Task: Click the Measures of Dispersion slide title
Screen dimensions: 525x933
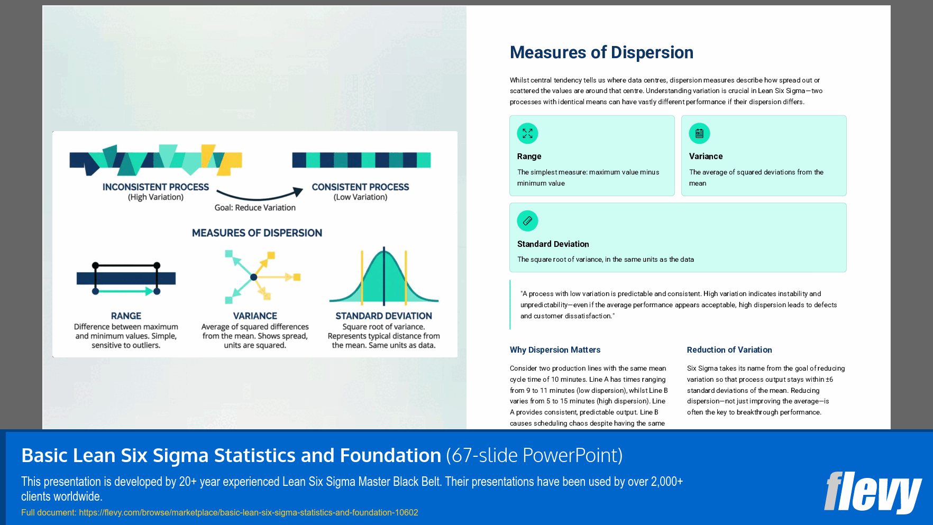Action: pyautogui.click(x=601, y=52)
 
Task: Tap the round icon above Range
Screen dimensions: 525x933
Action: pyautogui.click(x=527, y=133)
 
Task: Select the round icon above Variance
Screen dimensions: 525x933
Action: pyautogui.click(x=699, y=133)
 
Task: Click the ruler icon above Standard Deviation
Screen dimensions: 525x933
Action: pyautogui.click(x=527, y=221)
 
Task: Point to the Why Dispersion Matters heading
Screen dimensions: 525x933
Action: pyautogui.click(x=555, y=350)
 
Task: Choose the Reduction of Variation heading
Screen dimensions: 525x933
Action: pyautogui.click(x=729, y=350)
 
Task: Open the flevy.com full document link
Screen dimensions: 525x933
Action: pyautogui.click(x=249, y=512)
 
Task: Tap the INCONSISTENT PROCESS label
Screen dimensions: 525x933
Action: pyautogui.click(x=155, y=187)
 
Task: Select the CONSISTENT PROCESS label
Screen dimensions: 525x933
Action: pyautogui.click(x=360, y=187)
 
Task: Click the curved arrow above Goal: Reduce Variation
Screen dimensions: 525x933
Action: pyautogui.click(x=259, y=194)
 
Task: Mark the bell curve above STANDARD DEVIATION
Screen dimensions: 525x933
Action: pyautogui.click(x=384, y=278)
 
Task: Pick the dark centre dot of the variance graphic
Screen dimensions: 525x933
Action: pyautogui.click(x=254, y=277)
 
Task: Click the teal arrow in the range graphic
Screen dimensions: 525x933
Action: pyautogui.click(x=126, y=291)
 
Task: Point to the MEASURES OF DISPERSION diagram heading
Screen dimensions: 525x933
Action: pyautogui.click(x=257, y=233)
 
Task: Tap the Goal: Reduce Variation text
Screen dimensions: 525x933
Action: pyautogui.click(x=255, y=208)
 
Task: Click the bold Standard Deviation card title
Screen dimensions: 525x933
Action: pyautogui.click(x=553, y=244)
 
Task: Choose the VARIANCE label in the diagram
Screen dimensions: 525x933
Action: pyautogui.click(x=255, y=316)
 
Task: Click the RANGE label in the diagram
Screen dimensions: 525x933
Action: pyautogui.click(x=126, y=316)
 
